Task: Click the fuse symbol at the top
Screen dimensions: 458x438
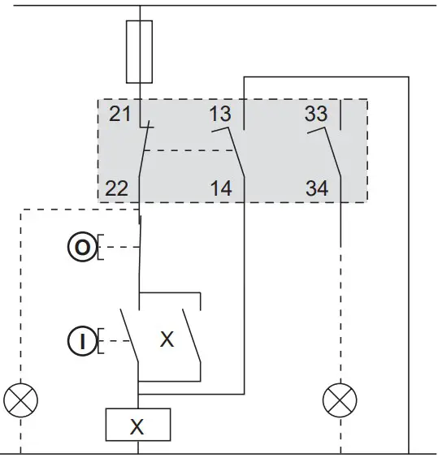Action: [x=140, y=52]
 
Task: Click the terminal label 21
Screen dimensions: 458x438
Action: [x=119, y=114]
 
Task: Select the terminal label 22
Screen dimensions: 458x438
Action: [x=117, y=189]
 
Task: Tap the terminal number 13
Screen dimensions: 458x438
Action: [x=219, y=114]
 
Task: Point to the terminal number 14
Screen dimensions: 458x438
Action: [x=219, y=189]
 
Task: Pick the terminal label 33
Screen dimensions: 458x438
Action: [x=317, y=114]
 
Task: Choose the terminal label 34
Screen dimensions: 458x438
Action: [x=317, y=189]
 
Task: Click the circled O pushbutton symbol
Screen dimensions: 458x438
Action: [x=81, y=246]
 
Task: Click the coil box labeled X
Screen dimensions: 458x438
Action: [x=138, y=424]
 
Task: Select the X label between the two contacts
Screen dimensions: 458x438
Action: [x=167, y=339]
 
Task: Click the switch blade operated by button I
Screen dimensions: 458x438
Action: [x=130, y=337]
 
